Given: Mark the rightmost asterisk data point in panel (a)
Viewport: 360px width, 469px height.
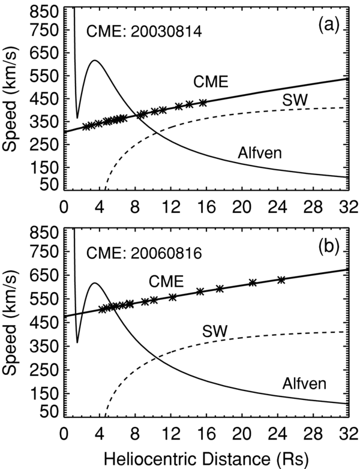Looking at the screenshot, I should click(x=203, y=103).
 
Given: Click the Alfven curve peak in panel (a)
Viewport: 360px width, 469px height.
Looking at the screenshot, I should click(x=94, y=60).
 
